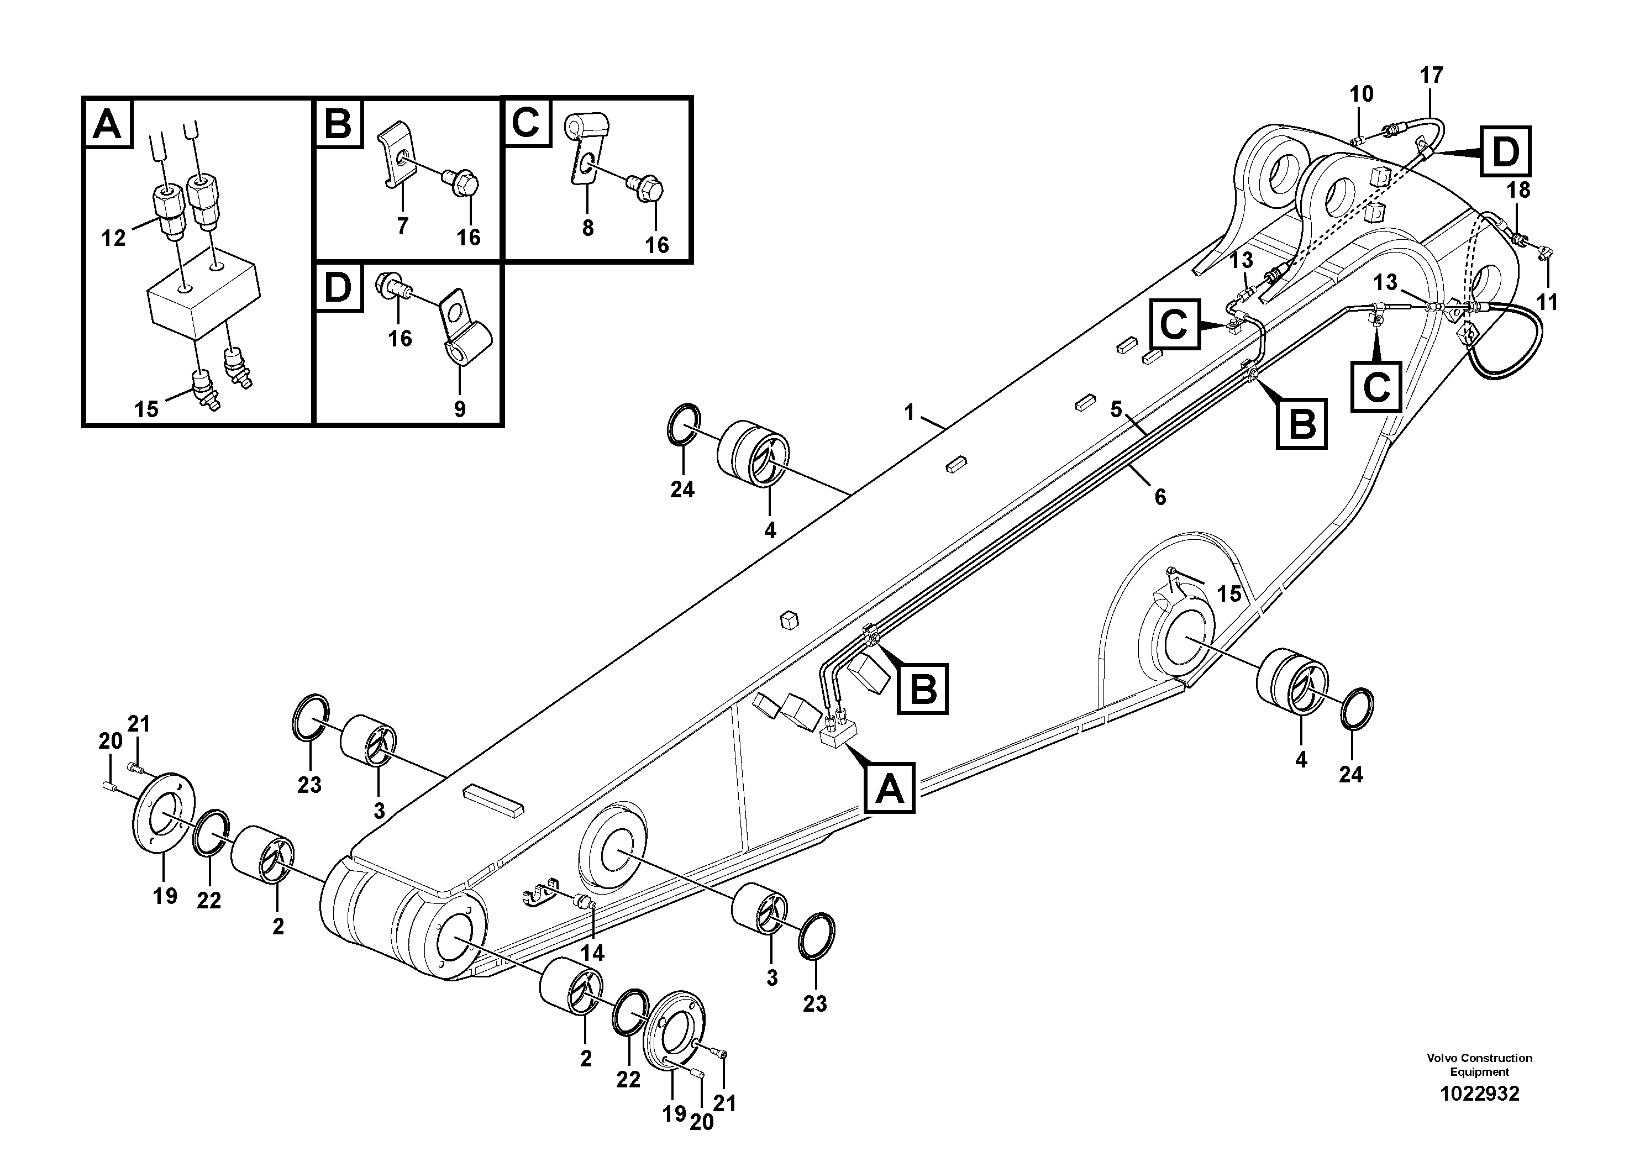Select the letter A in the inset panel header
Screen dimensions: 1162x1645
coord(107,125)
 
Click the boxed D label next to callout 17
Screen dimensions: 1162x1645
coord(1505,152)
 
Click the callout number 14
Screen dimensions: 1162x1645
coord(592,953)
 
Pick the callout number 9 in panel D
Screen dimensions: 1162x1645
coord(459,409)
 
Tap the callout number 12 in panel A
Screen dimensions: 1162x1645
coord(113,237)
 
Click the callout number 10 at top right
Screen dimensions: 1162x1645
coord(1362,94)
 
